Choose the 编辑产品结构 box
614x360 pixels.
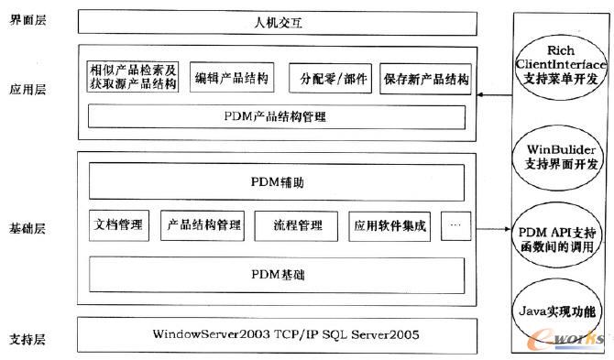click(233, 79)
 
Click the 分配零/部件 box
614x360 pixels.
click(330, 79)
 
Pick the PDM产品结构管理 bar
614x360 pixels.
click(275, 117)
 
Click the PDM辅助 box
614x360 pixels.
click(275, 182)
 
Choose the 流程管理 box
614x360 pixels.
click(298, 225)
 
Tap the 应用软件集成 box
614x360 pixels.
click(389, 225)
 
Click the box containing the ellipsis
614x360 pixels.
click(455, 225)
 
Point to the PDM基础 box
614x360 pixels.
click(275, 273)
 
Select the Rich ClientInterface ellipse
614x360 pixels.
click(557, 67)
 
